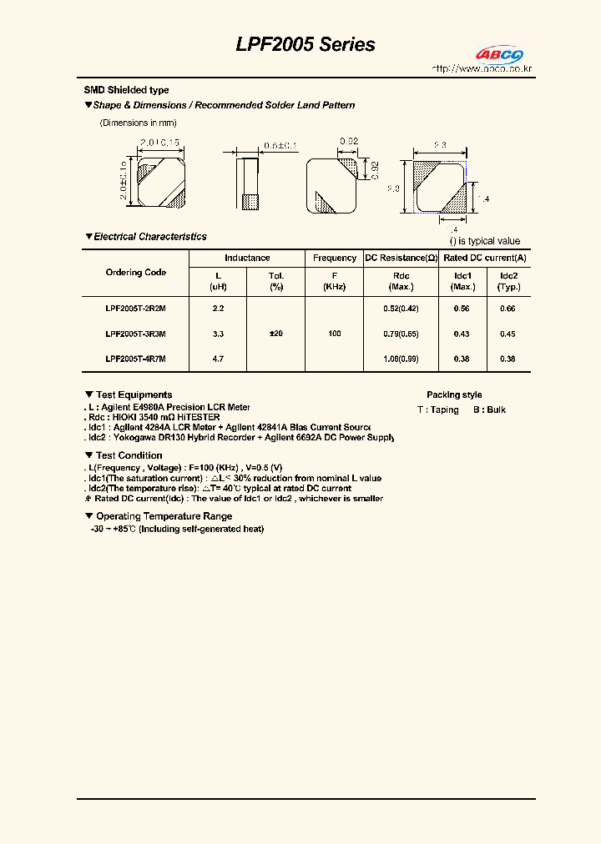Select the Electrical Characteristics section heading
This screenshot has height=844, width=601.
coord(149,237)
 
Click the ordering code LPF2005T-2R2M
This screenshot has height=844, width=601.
coord(135,309)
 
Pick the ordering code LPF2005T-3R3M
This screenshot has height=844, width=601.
coord(135,334)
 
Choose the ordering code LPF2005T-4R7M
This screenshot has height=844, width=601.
coord(135,359)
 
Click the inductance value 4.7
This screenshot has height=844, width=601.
coord(218,359)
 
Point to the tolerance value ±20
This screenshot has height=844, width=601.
coord(276,334)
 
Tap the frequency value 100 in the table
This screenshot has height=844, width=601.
coord(335,334)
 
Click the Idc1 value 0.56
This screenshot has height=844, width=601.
coord(462,309)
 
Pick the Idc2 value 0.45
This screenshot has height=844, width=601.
coord(508,334)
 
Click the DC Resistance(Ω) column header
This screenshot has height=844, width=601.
coord(402,259)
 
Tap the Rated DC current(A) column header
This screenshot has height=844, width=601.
coord(485,259)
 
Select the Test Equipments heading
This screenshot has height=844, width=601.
coord(134,394)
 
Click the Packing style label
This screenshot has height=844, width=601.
coord(454,394)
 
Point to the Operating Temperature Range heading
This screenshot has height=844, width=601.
coord(164,516)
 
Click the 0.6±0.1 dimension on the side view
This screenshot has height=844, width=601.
coord(280,146)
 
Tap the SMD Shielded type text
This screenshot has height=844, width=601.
coord(126,90)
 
